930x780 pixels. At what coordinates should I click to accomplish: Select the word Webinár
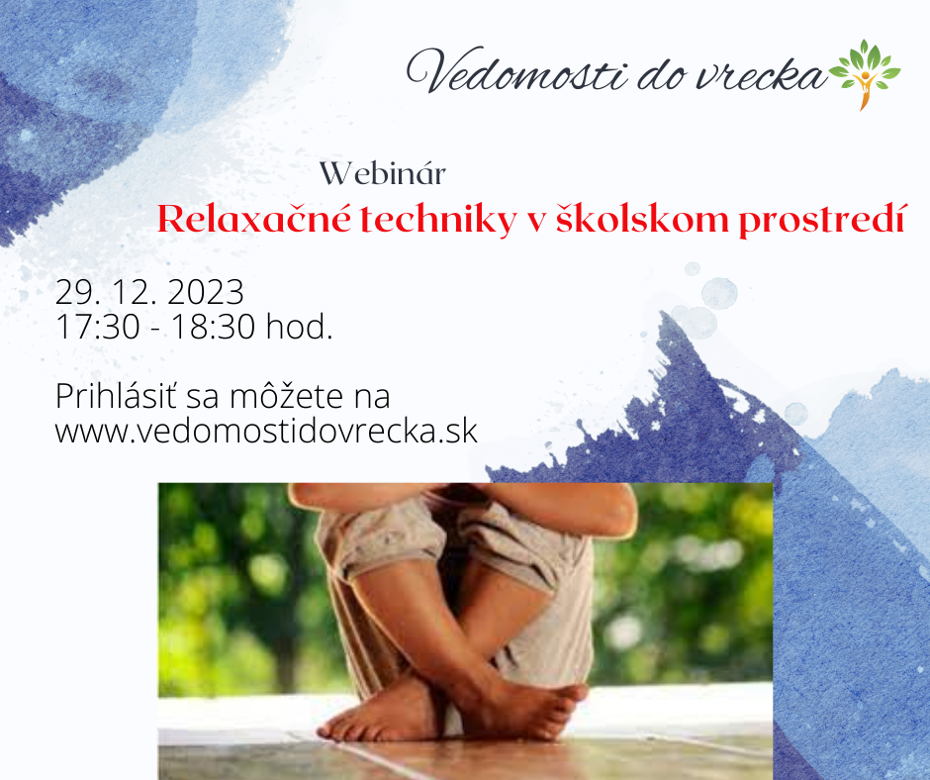383,174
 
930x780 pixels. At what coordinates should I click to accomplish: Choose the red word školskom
642,219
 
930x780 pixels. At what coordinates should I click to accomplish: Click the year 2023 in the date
206,292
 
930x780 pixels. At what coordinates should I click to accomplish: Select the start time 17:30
98,327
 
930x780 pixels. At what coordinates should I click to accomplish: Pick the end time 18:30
213,327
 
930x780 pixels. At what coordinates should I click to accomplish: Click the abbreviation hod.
299,326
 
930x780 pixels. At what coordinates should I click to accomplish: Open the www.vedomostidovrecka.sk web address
266,431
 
